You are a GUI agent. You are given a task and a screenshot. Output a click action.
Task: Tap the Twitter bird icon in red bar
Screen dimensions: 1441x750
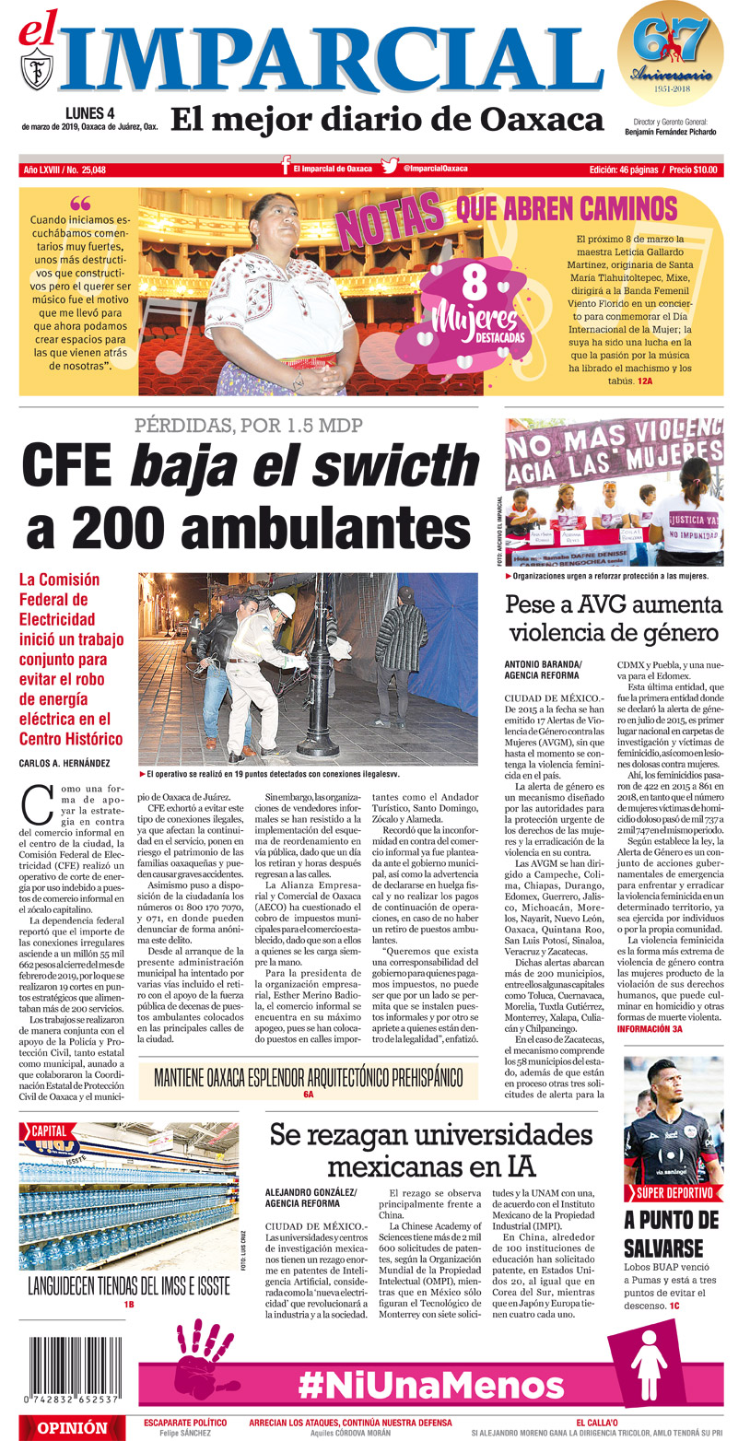[x=390, y=169]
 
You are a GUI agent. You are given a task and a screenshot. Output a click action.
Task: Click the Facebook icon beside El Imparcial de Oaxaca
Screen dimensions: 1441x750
[x=287, y=168]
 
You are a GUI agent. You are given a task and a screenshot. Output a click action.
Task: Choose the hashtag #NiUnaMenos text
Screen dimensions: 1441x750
[x=431, y=1384]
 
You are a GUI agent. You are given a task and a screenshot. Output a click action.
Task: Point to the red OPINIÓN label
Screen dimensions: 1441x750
[x=72, y=1428]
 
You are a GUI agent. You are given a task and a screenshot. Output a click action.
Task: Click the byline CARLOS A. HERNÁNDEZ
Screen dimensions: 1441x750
[x=65, y=763]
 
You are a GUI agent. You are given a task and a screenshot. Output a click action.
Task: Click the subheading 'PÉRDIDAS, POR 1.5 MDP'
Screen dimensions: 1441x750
[x=249, y=426]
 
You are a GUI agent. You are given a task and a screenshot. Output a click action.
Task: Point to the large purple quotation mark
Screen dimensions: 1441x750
[x=80, y=204]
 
